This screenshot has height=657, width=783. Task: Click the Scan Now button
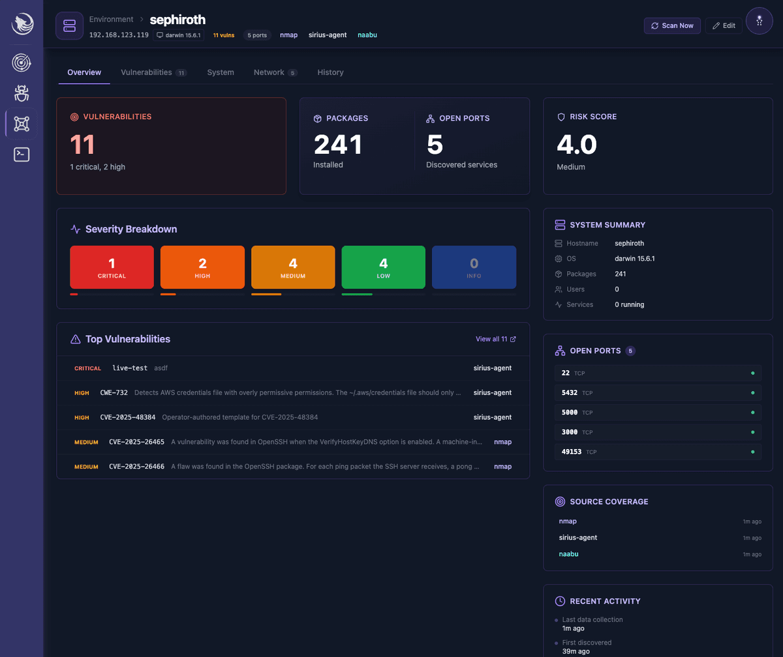pyautogui.click(x=672, y=25)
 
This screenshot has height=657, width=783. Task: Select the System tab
pyautogui.click(x=221, y=72)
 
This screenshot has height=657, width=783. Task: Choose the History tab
pyautogui.click(x=330, y=72)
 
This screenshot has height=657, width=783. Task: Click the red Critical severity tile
pyautogui.click(x=112, y=267)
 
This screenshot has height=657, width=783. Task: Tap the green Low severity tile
pyautogui.click(x=383, y=267)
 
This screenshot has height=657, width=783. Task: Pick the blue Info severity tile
pyautogui.click(x=474, y=267)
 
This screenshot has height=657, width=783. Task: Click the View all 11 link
pyautogui.click(x=496, y=339)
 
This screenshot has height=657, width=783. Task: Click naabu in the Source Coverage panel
pyautogui.click(x=568, y=554)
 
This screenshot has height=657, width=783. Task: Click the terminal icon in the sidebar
pyautogui.click(x=22, y=154)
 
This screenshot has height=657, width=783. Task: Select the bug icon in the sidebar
pyautogui.click(x=22, y=93)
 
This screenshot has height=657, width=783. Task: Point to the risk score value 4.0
pyautogui.click(x=577, y=145)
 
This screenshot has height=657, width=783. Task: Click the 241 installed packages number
pyautogui.click(x=338, y=145)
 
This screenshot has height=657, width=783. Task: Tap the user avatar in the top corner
pyautogui.click(x=759, y=21)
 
